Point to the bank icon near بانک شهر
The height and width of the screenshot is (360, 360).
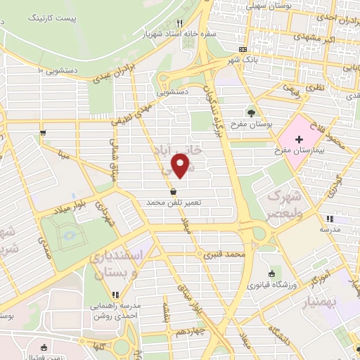pos(243,50)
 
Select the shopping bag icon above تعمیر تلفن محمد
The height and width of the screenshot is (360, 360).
pos(173,191)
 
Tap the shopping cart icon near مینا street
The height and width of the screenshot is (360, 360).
pos(44,131)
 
